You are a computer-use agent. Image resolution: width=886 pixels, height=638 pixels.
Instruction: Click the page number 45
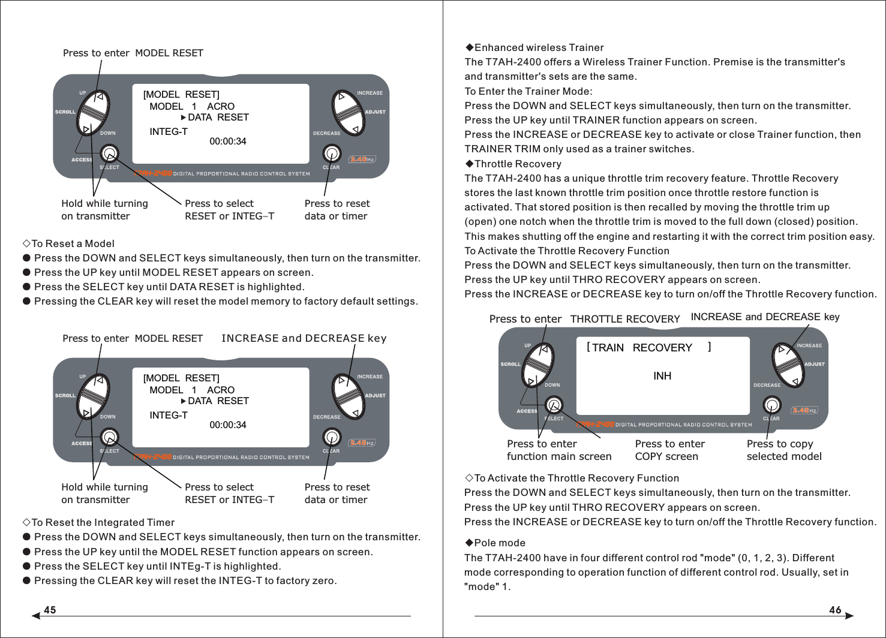(50, 610)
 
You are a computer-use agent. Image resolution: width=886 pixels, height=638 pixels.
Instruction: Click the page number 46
(835, 610)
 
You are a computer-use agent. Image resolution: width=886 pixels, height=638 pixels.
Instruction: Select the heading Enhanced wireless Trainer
(539, 47)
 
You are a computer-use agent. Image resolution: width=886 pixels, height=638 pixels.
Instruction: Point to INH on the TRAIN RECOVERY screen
(662, 376)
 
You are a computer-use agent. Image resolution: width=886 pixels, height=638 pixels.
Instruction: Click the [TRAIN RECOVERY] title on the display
(648, 348)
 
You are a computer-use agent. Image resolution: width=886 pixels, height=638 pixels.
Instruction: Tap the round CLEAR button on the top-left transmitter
(332, 154)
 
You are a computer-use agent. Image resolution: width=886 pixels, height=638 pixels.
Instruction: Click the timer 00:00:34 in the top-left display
(228, 142)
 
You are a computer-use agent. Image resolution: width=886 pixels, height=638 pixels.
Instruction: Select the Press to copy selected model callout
(783, 450)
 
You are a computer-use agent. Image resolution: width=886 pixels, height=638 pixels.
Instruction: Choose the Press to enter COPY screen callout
(669, 450)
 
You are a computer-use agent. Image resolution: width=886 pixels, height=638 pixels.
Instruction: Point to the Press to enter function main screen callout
(558, 450)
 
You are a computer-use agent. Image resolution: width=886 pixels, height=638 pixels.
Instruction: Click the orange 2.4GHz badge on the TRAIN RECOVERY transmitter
(804, 411)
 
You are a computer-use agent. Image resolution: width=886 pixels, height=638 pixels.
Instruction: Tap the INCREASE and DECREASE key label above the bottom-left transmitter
(304, 338)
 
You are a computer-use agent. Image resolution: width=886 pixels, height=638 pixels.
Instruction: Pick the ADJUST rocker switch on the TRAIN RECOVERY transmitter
(787, 364)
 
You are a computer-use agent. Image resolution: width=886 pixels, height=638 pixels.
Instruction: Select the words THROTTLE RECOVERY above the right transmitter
(624, 319)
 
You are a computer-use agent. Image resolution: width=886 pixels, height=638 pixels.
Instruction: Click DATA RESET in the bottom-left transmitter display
(218, 401)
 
